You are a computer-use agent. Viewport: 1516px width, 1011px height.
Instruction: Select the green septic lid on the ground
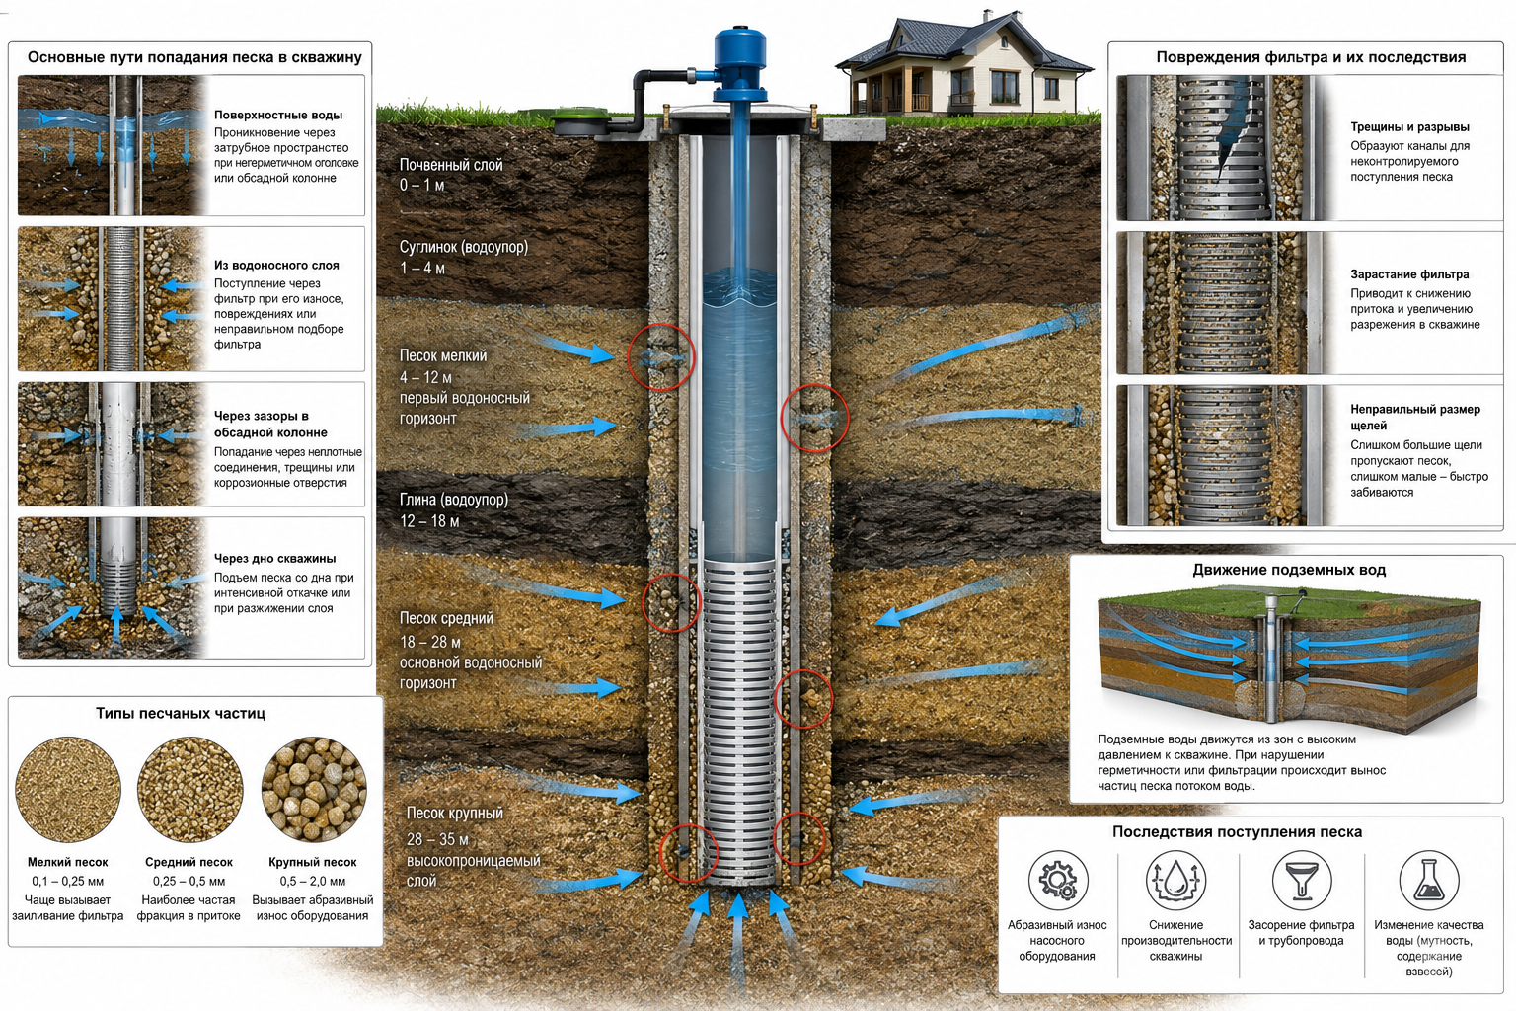[x=578, y=121]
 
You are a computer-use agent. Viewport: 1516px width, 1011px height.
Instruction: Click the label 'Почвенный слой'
[x=451, y=165]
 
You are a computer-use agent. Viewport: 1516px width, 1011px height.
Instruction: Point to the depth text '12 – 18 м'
[x=429, y=520]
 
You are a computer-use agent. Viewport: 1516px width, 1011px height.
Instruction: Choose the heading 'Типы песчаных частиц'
[x=180, y=713]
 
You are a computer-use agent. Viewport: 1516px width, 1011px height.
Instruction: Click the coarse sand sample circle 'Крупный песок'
[x=314, y=789]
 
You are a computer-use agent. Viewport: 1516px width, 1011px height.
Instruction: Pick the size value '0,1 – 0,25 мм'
[x=67, y=881]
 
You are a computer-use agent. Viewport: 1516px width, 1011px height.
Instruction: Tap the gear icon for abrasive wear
[x=1058, y=880]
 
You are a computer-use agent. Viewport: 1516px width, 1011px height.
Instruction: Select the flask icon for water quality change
[x=1429, y=880]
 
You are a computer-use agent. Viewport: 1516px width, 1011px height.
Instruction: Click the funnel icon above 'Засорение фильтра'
[x=1302, y=880]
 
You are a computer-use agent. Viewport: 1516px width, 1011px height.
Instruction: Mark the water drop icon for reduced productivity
[x=1175, y=880]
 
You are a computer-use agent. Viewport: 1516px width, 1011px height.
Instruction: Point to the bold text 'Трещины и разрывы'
[x=1409, y=126]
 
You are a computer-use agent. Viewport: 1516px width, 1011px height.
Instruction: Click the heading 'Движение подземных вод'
[x=1289, y=570]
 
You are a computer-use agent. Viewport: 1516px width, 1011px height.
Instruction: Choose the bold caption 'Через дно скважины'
[x=274, y=558]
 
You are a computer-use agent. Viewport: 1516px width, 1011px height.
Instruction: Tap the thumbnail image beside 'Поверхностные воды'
[x=113, y=145]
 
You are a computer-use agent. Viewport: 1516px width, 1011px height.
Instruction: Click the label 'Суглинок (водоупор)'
[x=464, y=247]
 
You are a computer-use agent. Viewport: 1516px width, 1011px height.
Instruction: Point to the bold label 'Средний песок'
[x=189, y=862]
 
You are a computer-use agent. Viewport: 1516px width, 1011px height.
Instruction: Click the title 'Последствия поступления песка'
[x=1237, y=831]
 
